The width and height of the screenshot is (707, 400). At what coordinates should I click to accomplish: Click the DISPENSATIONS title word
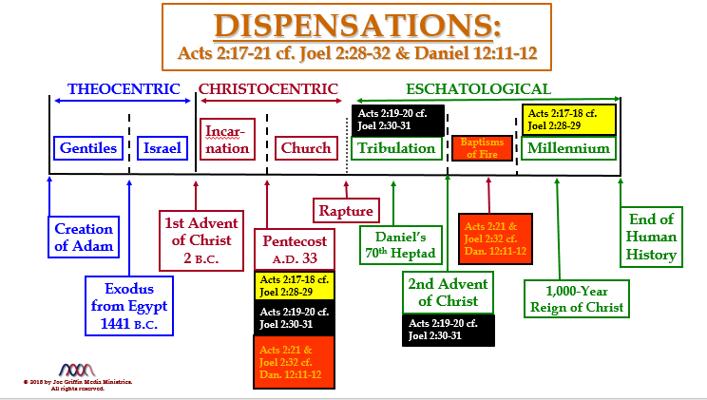(x=357, y=25)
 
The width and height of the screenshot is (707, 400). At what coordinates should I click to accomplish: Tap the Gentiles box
(x=88, y=148)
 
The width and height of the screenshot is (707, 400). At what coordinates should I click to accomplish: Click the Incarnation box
(x=228, y=140)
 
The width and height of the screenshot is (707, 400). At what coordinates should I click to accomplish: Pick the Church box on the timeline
(x=305, y=148)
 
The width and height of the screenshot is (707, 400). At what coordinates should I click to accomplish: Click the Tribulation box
(x=396, y=148)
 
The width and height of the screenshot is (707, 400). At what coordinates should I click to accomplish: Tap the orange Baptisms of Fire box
(x=482, y=148)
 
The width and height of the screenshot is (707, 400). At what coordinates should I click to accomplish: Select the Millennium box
(x=568, y=148)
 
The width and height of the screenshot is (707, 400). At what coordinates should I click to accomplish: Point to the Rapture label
(x=345, y=209)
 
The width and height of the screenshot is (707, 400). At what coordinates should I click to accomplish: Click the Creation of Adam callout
(x=84, y=238)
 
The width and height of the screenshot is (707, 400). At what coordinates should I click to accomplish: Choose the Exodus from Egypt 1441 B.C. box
(x=127, y=304)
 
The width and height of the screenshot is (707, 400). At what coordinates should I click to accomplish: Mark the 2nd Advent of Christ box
(x=447, y=293)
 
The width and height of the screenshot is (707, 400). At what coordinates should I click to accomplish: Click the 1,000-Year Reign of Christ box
(x=578, y=297)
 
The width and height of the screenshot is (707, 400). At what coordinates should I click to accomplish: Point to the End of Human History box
(x=652, y=236)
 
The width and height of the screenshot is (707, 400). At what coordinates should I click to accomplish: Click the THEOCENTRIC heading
(x=124, y=89)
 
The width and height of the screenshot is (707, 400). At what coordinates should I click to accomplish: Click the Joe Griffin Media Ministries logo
(x=78, y=370)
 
